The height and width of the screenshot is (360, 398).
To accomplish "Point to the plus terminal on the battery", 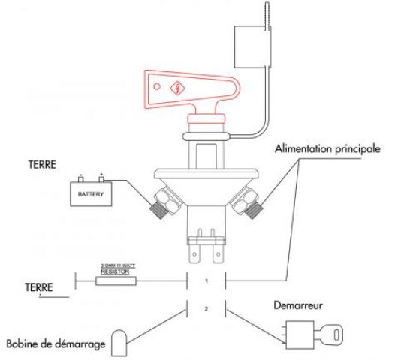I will pos(100,179).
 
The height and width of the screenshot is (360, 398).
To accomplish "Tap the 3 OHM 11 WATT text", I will pos(116,266).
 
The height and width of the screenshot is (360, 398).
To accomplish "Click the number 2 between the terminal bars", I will pos(206,307).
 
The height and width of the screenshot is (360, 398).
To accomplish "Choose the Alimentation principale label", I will pos(329,149).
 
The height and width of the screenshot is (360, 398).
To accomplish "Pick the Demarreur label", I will pos(298,307).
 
